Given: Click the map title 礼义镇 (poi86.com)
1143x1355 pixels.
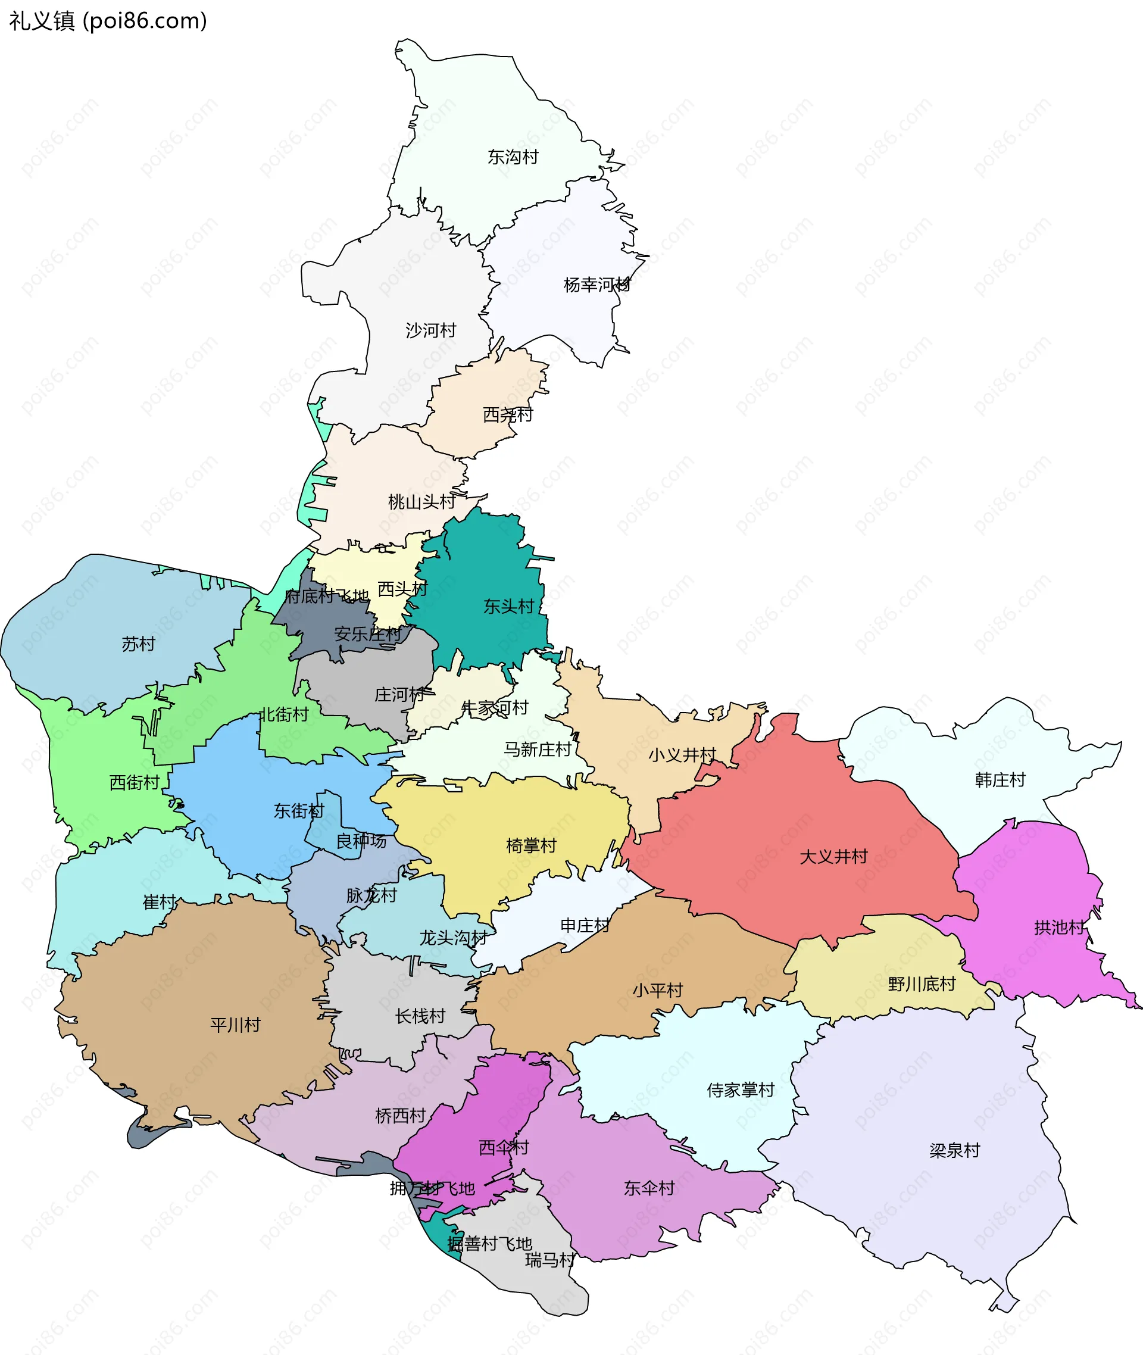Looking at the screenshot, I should (108, 21).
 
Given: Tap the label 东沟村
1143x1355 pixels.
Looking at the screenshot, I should (513, 157).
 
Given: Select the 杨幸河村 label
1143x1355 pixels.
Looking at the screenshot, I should (596, 285).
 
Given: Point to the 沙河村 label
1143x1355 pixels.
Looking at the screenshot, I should (431, 330).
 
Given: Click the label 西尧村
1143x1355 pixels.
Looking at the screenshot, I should (507, 414).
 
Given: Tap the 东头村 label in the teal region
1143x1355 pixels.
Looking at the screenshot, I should (508, 606).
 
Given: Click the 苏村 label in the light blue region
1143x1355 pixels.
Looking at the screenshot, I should (139, 644).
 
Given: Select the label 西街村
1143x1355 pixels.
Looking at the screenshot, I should (134, 782).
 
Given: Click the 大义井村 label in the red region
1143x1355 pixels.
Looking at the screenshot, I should (833, 856).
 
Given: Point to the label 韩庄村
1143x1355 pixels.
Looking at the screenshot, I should (1000, 779).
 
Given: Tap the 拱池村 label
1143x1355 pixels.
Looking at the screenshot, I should (1059, 927).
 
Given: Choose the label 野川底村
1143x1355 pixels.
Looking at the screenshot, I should (922, 984).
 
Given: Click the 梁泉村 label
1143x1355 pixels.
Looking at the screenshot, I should (954, 1150).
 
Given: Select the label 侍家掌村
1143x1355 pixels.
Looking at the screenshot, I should (741, 1090).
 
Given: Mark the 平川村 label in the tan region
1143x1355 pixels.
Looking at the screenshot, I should (235, 1025).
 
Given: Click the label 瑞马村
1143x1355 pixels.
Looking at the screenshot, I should (549, 1260).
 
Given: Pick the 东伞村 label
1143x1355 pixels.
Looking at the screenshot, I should (649, 1188).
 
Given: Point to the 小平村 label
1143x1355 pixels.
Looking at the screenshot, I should (658, 990).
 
